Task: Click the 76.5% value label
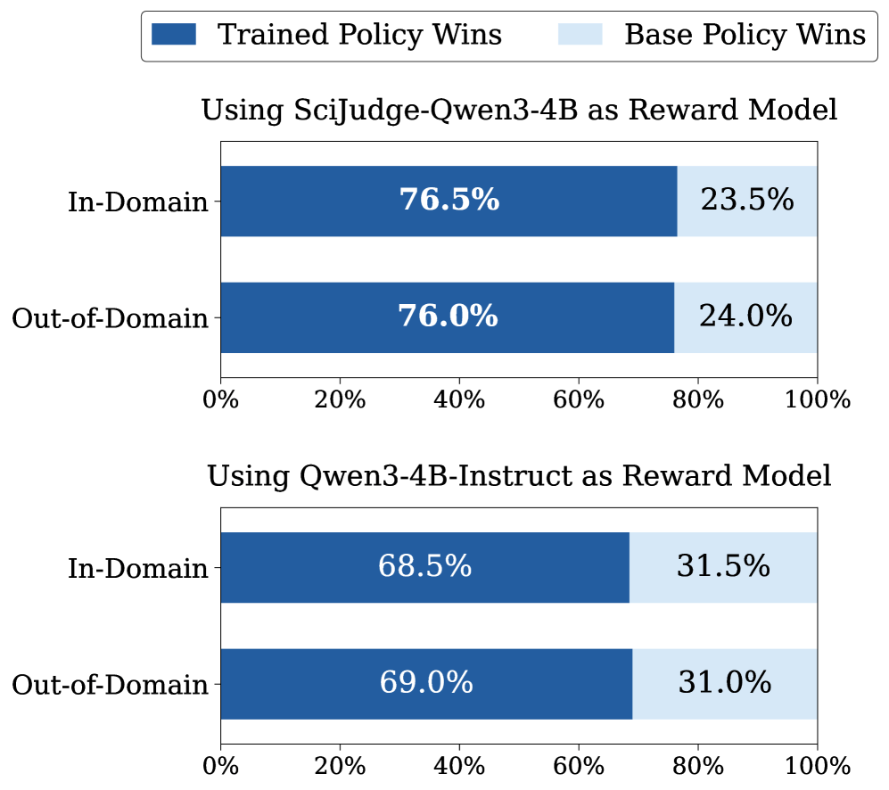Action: (449, 201)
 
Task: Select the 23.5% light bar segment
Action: (747, 201)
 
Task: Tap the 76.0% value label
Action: (448, 317)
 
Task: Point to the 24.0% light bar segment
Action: (745, 317)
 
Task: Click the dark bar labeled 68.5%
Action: (424, 567)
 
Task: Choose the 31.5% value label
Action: (723, 567)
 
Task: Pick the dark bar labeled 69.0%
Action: (426, 684)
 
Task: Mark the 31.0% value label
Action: (725, 684)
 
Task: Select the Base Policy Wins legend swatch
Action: (580, 35)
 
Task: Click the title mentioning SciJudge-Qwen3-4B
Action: (519, 111)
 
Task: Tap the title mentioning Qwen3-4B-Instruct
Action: (519, 476)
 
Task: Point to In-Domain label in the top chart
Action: (137, 202)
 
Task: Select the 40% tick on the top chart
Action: (459, 399)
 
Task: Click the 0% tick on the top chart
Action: (221, 399)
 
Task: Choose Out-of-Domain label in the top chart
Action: (110, 318)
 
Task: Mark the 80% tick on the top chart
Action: (698, 399)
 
